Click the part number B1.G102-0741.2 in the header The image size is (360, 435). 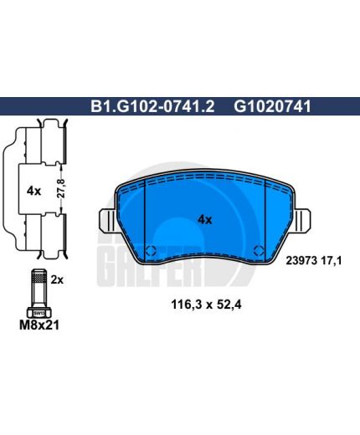152,106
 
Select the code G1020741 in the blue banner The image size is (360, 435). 272,106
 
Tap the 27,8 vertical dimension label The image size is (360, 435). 61,189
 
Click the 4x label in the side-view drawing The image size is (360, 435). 33,192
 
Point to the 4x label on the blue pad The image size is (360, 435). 204,220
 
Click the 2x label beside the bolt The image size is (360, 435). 57,279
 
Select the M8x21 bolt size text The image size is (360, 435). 39,325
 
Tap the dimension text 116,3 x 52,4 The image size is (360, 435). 206,304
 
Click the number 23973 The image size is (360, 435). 301,261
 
